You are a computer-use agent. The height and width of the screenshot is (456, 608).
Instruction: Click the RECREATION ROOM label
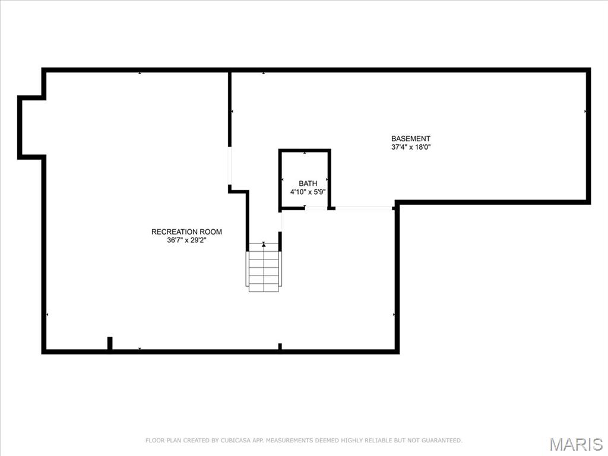click(x=186, y=232)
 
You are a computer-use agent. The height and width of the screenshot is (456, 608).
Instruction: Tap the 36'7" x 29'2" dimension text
click(x=186, y=240)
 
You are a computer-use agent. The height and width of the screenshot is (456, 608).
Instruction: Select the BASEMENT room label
click(x=410, y=138)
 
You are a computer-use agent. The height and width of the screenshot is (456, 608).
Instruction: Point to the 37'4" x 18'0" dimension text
click(x=410, y=147)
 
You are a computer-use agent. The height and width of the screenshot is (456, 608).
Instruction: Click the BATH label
click(x=308, y=183)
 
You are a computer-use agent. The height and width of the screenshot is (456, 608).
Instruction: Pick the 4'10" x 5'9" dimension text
click(x=308, y=192)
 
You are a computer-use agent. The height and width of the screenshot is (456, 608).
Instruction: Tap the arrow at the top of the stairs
click(x=264, y=244)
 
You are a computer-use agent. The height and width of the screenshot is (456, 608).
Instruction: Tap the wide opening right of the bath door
click(x=363, y=208)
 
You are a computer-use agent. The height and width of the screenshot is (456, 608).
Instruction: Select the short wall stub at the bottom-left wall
click(x=110, y=343)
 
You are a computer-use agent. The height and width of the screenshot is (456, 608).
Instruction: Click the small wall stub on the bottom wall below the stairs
click(x=280, y=346)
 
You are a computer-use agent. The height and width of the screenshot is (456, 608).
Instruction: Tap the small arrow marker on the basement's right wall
click(x=585, y=111)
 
